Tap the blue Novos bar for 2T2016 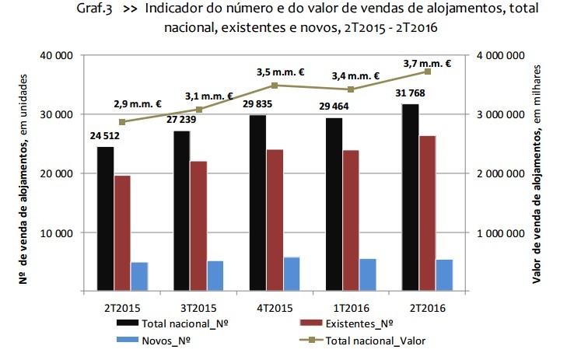(444, 275)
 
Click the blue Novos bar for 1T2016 (368, 275)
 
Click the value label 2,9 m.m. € (136, 104)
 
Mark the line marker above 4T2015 (275, 86)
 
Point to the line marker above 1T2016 (351, 89)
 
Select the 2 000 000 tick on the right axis (499, 173)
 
